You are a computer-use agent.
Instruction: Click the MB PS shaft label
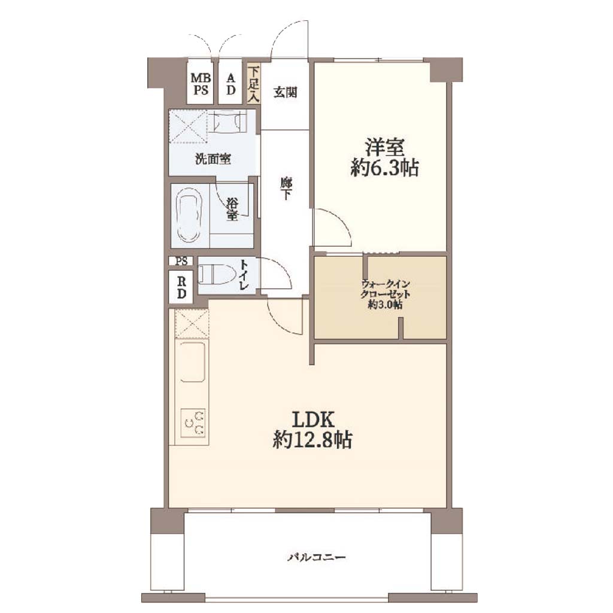coord(201,84)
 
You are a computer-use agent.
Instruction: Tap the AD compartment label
coord(230,84)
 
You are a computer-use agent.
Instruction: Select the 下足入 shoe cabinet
coord(254,84)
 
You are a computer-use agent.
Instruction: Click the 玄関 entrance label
coord(285,93)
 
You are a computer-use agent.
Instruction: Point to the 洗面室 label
coord(213,159)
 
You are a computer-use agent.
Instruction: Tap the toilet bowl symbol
coord(216,274)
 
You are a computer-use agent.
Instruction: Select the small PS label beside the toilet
coord(181,261)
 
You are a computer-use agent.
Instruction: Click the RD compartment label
coord(181,287)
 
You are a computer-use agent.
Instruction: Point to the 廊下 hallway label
coord(286,189)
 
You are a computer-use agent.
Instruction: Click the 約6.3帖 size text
coord(385,168)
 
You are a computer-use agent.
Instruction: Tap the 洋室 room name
coord(385,147)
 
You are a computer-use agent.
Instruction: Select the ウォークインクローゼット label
coord(386,289)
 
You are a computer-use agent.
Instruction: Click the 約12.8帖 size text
coord(312,441)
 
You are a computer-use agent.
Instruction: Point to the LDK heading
coord(313,420)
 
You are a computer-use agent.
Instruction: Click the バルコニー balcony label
coord(317,557)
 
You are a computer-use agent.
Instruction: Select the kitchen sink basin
coord(193,362)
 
